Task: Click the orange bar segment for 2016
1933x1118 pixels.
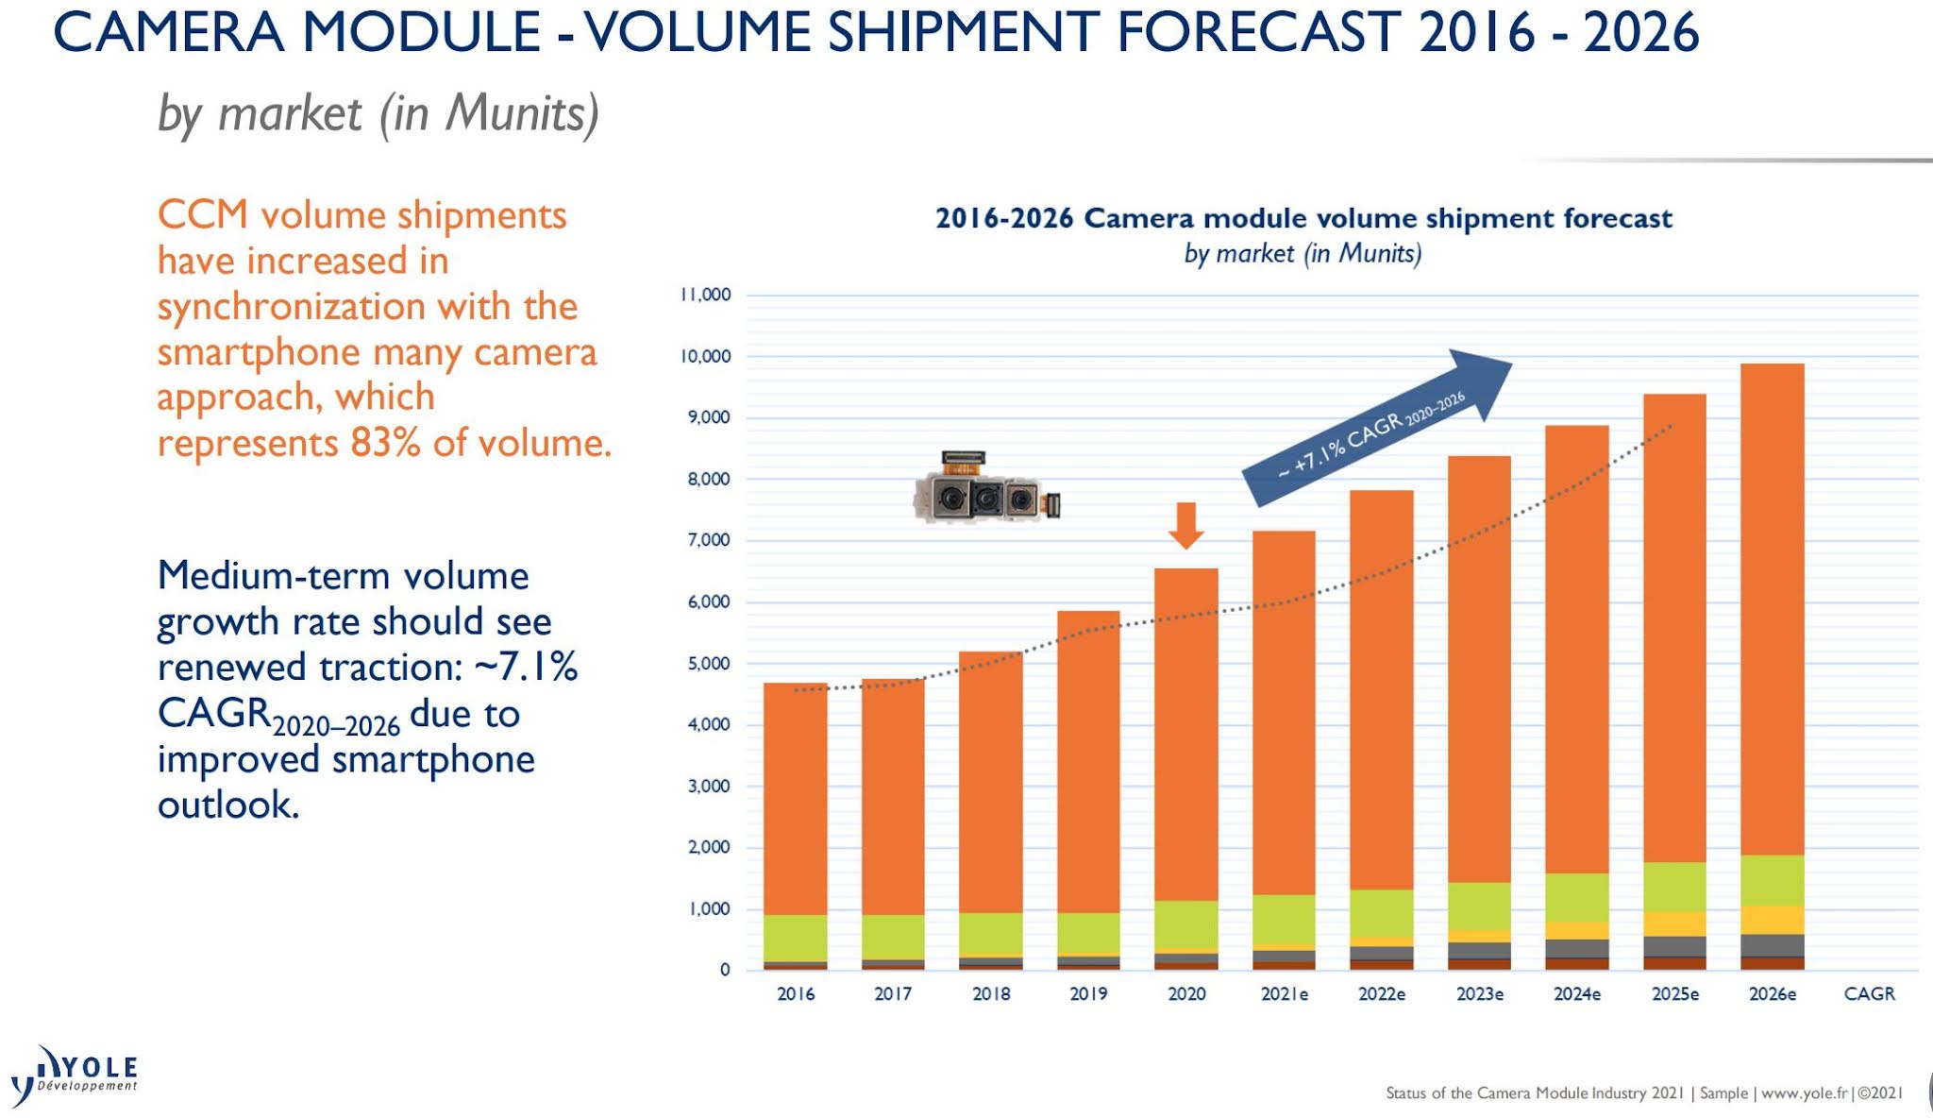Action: coord(795,798)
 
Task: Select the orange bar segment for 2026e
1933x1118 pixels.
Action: coord(1772,609)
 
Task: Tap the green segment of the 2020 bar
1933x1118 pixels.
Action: coord(1185,923)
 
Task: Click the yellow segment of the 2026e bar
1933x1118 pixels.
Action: coord(1772,920)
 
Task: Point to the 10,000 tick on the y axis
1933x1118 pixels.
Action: coord(706,356)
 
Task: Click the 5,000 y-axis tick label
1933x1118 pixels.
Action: coord(708,663)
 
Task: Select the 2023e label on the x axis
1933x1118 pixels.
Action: coord(1479,993)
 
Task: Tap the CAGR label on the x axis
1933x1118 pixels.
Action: coord(1869,993)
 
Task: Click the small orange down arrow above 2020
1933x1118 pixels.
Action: coord(1185,526)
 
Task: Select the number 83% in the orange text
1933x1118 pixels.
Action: coord(385,442)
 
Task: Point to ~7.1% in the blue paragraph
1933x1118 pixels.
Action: coord(526,667)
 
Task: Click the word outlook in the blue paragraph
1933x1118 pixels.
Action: coord(227,805)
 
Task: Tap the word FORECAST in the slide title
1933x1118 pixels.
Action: coord(1258,32)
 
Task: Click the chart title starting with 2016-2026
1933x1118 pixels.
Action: coord(1303,218)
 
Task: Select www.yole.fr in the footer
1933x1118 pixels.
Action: coord(1804,1093)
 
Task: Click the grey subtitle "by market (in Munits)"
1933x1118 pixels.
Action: coord(378,113)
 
